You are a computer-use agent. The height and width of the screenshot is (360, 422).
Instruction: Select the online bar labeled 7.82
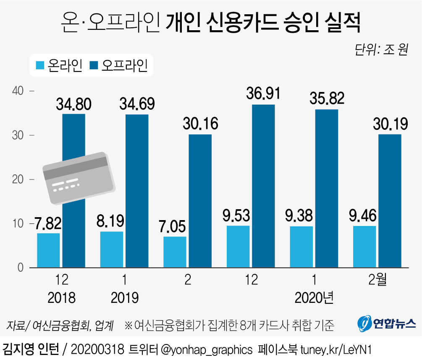[48, 250]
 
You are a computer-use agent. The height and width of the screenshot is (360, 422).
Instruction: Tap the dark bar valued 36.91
[263, 186]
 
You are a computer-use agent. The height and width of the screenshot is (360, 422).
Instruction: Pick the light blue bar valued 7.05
[175, 252]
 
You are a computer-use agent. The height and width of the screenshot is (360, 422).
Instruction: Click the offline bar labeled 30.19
[390, 201]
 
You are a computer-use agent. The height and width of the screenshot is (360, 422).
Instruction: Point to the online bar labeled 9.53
[238, 247]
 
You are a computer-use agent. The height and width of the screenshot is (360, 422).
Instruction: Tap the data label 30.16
[200, 124]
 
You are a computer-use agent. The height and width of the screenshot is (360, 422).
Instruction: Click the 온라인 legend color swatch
[40, 66]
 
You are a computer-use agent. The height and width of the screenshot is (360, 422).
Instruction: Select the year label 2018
[62, 298]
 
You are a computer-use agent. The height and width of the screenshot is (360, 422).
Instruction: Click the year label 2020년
[314, 298]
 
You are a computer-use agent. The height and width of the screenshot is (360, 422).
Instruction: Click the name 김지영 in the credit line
[18, 349]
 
